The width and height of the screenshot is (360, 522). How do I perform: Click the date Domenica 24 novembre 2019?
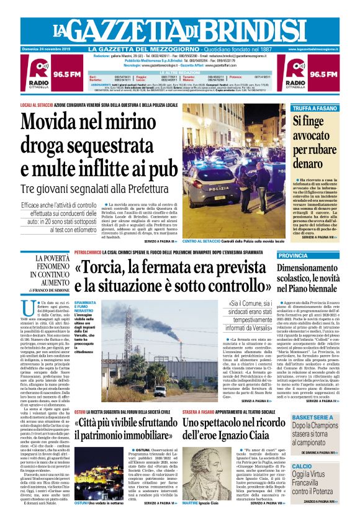(48, 49)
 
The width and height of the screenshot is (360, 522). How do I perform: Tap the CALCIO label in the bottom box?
(302, 466)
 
